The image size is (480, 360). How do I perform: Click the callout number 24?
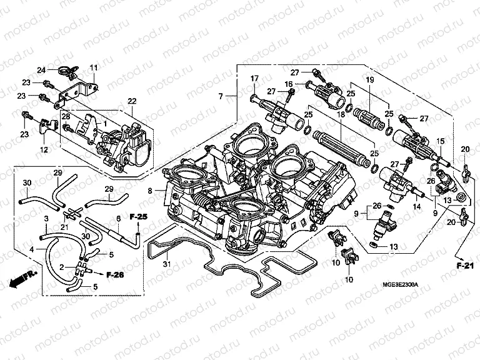41,69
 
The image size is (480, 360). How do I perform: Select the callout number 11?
94,67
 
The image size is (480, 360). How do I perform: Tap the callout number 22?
132,101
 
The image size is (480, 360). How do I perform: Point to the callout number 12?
44,150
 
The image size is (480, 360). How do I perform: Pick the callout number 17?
255,78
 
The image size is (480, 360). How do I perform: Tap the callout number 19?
369,79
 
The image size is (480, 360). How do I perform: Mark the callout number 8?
151,191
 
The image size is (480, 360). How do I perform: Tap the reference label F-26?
116,274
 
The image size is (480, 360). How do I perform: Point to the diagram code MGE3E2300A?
401,284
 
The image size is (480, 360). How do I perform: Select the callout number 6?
118,219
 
